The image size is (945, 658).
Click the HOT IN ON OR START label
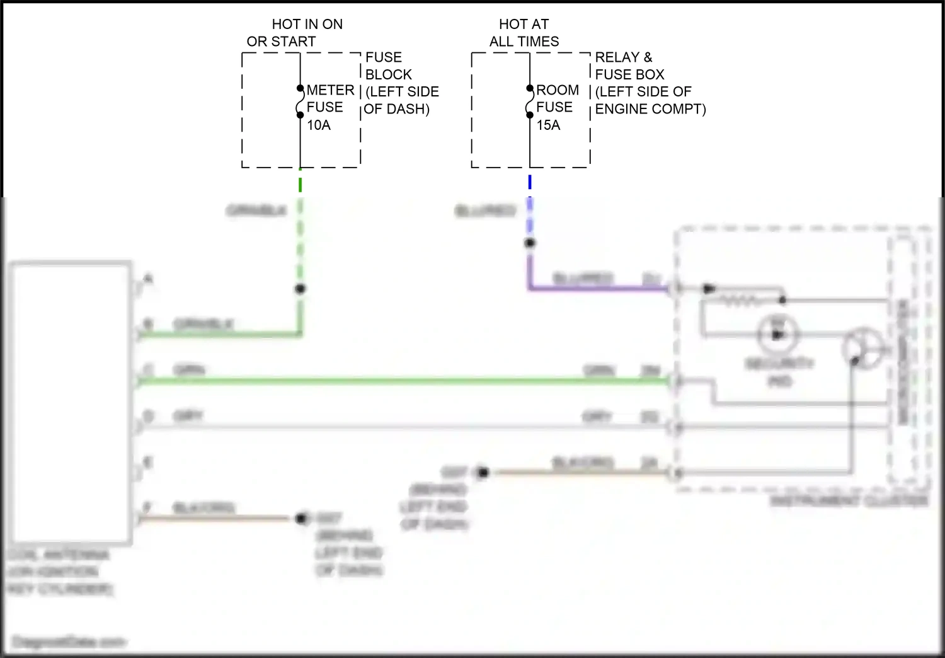pos(295,33)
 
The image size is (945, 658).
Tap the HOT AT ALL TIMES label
pos(524,33)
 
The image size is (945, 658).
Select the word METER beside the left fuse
pos(330,90)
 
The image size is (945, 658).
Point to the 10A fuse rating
pos(319,125)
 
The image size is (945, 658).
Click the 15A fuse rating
pos(548,125)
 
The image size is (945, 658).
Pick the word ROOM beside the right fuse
pos(558,90)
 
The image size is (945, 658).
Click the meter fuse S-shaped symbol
pos(300,102)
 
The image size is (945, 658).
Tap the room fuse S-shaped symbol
pos(530,102)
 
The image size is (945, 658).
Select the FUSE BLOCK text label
pos(388,66)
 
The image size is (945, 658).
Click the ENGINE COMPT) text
pos(650,109)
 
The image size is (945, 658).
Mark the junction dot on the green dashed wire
pos(301,289)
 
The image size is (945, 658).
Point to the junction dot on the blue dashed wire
pos(530,243)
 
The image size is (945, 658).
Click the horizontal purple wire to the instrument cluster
pos(598,289)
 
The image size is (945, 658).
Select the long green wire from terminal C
pos(403,380)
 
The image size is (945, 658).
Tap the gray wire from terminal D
pos(403,427)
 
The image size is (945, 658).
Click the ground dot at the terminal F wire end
pos(302,518)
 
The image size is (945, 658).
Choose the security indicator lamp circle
pos(778,334)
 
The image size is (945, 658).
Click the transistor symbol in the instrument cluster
pos(863,349)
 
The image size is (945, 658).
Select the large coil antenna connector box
pos(69,403)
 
